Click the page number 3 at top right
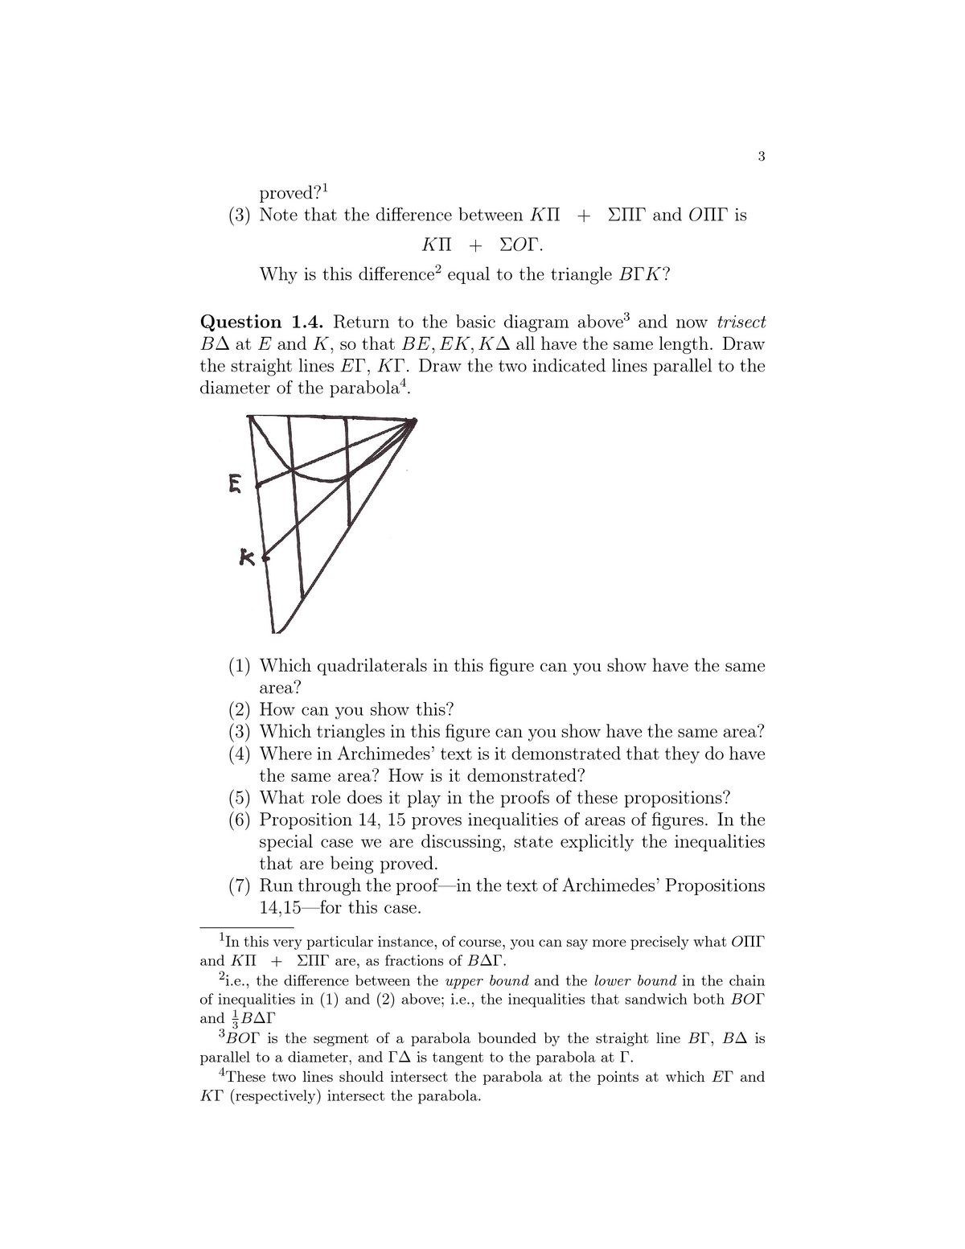760,157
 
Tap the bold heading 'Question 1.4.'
262,323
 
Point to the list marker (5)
240,799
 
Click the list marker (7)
240,886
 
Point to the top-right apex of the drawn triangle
414,420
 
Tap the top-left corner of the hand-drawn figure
249,416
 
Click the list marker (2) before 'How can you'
240,710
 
